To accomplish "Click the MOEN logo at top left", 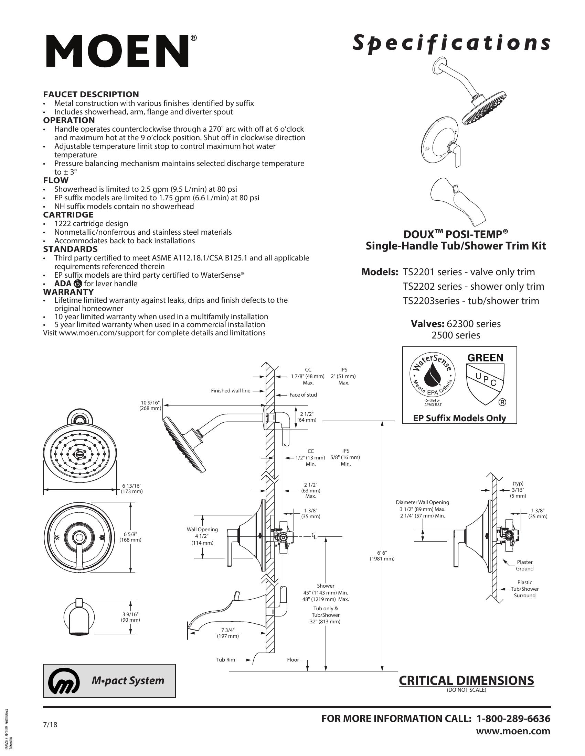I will coord(118,51).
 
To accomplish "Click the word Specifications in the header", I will coord(451,44).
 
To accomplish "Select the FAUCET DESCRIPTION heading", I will coord(91,94).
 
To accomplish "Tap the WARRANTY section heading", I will coord(68,292).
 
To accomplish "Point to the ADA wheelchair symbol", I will coord(78,283).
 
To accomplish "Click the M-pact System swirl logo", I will coord(64,680).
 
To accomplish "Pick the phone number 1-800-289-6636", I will coord(513,718).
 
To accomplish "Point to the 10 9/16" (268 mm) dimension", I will coord(151,405).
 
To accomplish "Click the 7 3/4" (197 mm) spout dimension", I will coord(227,633).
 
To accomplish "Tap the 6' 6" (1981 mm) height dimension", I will coord(382,556).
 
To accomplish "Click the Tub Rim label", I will coord(226,659).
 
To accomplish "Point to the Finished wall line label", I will coord(231,390).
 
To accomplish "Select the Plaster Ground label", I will coord(524,565).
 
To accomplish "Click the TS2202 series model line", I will coord(473,286).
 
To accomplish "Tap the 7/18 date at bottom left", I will coord(50,724).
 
